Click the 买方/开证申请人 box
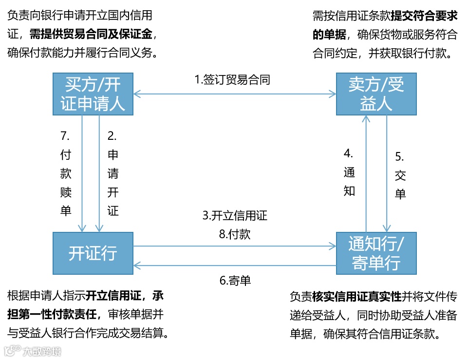[93, 94]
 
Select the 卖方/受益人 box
[376, 94]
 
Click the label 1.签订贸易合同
[232, 79]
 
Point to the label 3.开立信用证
[235, 215]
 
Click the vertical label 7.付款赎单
[66, 173]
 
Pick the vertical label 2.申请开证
[113, 173]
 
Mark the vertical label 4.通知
[349, 173]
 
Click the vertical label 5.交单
[400, 175]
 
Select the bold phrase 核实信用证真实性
[357, 297]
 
